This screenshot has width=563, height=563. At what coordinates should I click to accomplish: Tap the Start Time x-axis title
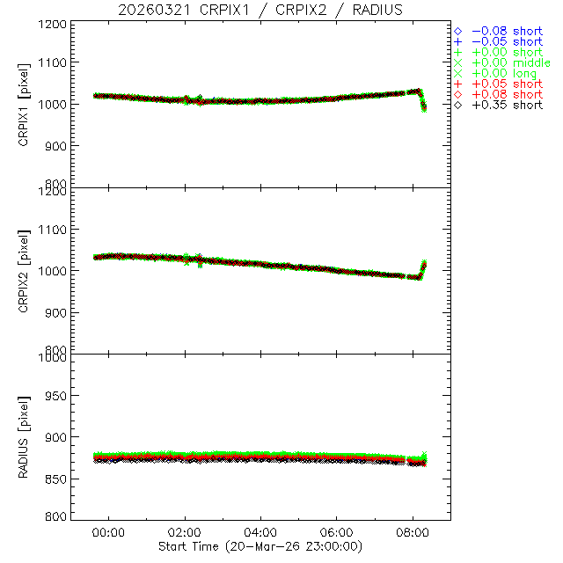click(261, 546)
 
